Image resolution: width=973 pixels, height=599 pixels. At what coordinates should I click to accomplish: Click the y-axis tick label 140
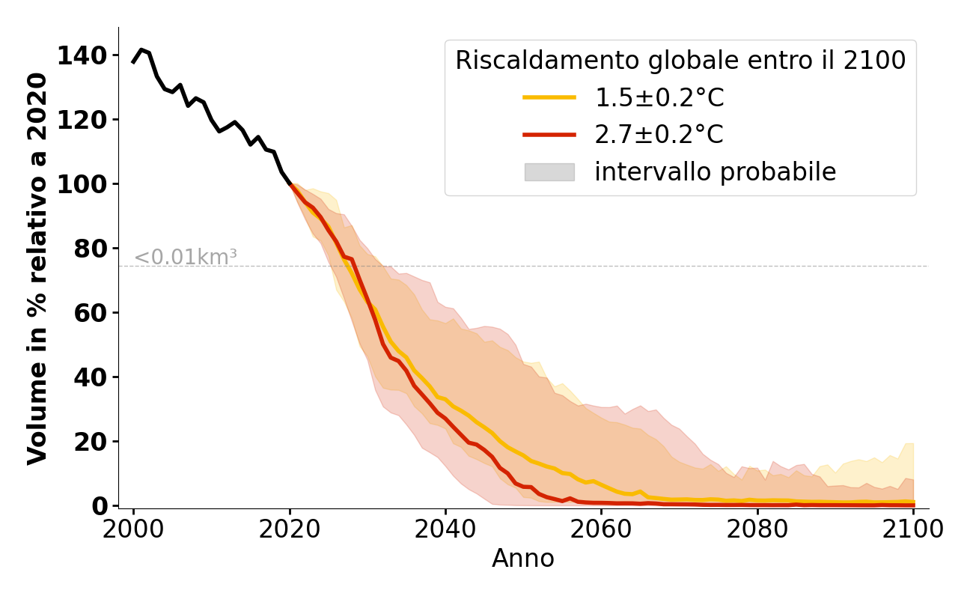88,55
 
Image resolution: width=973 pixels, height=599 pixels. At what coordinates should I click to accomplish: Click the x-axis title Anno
523,559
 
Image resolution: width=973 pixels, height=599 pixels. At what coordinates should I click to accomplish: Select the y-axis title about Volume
38,268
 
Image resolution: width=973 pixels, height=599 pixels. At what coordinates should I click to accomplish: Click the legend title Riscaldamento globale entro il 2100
680,61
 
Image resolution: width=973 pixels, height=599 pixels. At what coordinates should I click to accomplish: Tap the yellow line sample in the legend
549,97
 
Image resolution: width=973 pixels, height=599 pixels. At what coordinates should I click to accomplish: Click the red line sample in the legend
549,135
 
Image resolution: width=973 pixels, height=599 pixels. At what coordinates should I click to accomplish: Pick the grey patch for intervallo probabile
549,172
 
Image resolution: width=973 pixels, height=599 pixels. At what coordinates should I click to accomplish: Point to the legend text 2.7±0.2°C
659,135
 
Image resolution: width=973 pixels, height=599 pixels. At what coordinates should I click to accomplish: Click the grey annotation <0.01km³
186,258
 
